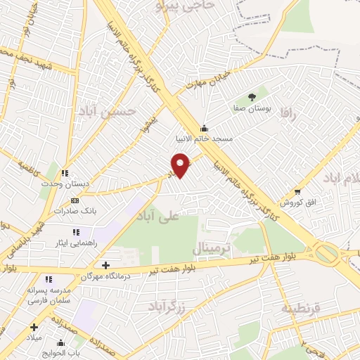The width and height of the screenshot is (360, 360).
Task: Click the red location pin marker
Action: point(181,165)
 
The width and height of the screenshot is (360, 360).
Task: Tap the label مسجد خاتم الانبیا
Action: point(204,139)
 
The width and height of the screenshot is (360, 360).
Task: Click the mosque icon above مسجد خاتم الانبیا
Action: point(204,128)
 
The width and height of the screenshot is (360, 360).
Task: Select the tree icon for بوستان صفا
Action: point(252,97)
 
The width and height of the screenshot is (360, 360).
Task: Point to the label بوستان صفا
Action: point(252,109)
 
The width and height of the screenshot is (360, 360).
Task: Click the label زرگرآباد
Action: point(167,306)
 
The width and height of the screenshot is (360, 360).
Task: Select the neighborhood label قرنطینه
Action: point(301,309)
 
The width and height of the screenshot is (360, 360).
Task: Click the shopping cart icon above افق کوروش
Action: point(297,192)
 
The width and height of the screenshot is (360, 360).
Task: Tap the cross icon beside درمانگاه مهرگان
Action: point(105,266)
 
